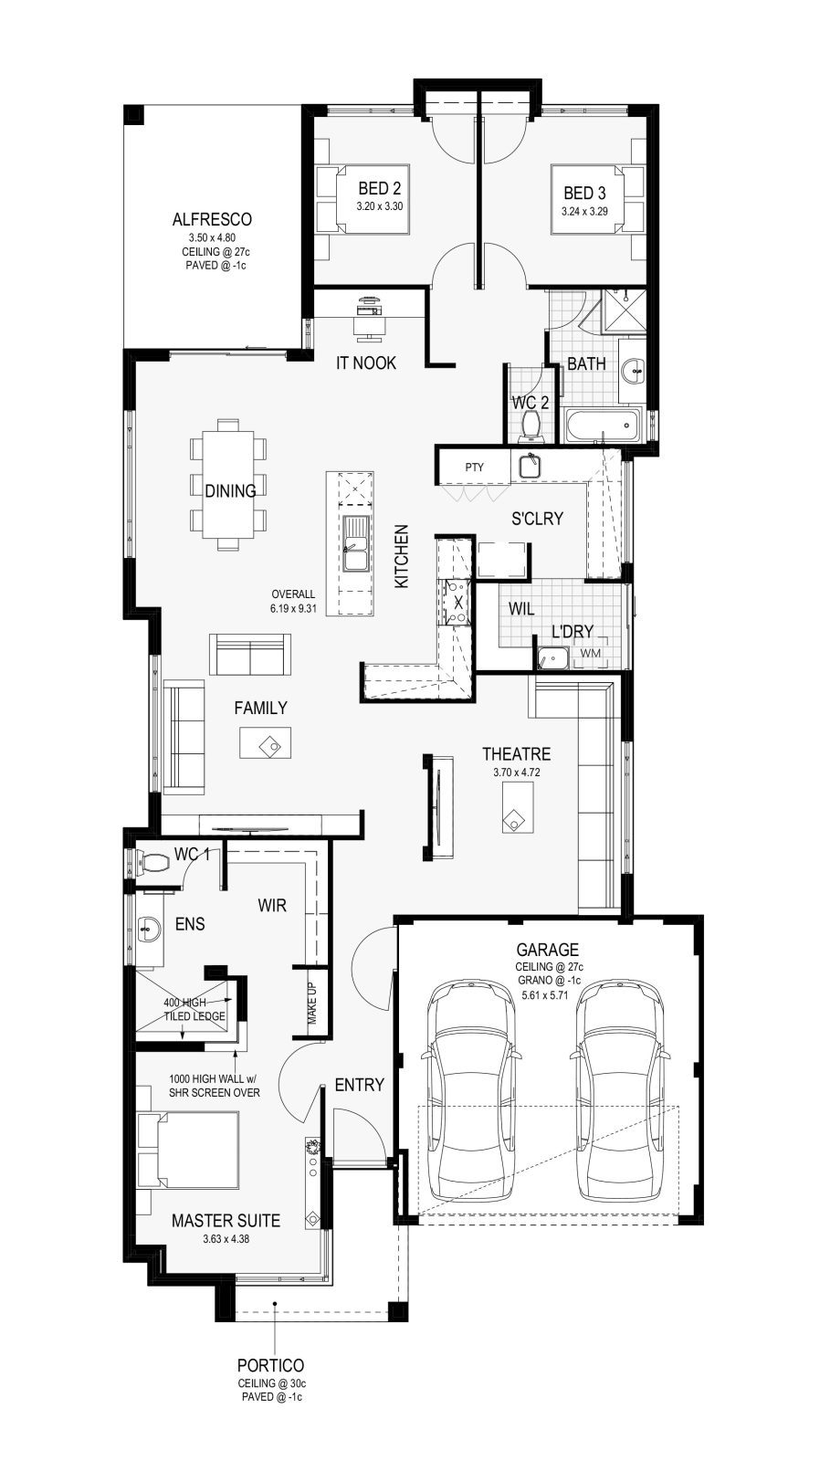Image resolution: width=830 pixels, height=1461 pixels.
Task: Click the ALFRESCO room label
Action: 212,220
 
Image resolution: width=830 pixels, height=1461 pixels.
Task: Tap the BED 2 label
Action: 380,188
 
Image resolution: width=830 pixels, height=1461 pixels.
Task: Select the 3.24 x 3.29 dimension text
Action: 585,211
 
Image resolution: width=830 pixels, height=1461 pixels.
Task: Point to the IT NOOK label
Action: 366,363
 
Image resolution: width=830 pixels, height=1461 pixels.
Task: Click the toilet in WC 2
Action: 531,426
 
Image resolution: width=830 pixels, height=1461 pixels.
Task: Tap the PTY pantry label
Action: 475,467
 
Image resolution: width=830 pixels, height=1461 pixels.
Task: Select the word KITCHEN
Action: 402,556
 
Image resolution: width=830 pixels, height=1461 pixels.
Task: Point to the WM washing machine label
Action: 591,653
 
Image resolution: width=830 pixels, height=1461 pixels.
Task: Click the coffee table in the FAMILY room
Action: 266,742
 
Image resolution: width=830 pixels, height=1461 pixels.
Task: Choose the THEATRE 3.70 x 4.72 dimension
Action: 517,773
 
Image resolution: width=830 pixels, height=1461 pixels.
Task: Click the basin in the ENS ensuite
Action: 149,930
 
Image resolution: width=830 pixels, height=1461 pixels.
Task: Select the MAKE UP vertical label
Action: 311,1003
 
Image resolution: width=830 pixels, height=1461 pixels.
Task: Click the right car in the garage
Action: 620,1089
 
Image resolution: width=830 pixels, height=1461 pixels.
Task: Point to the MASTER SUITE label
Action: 226,1220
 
